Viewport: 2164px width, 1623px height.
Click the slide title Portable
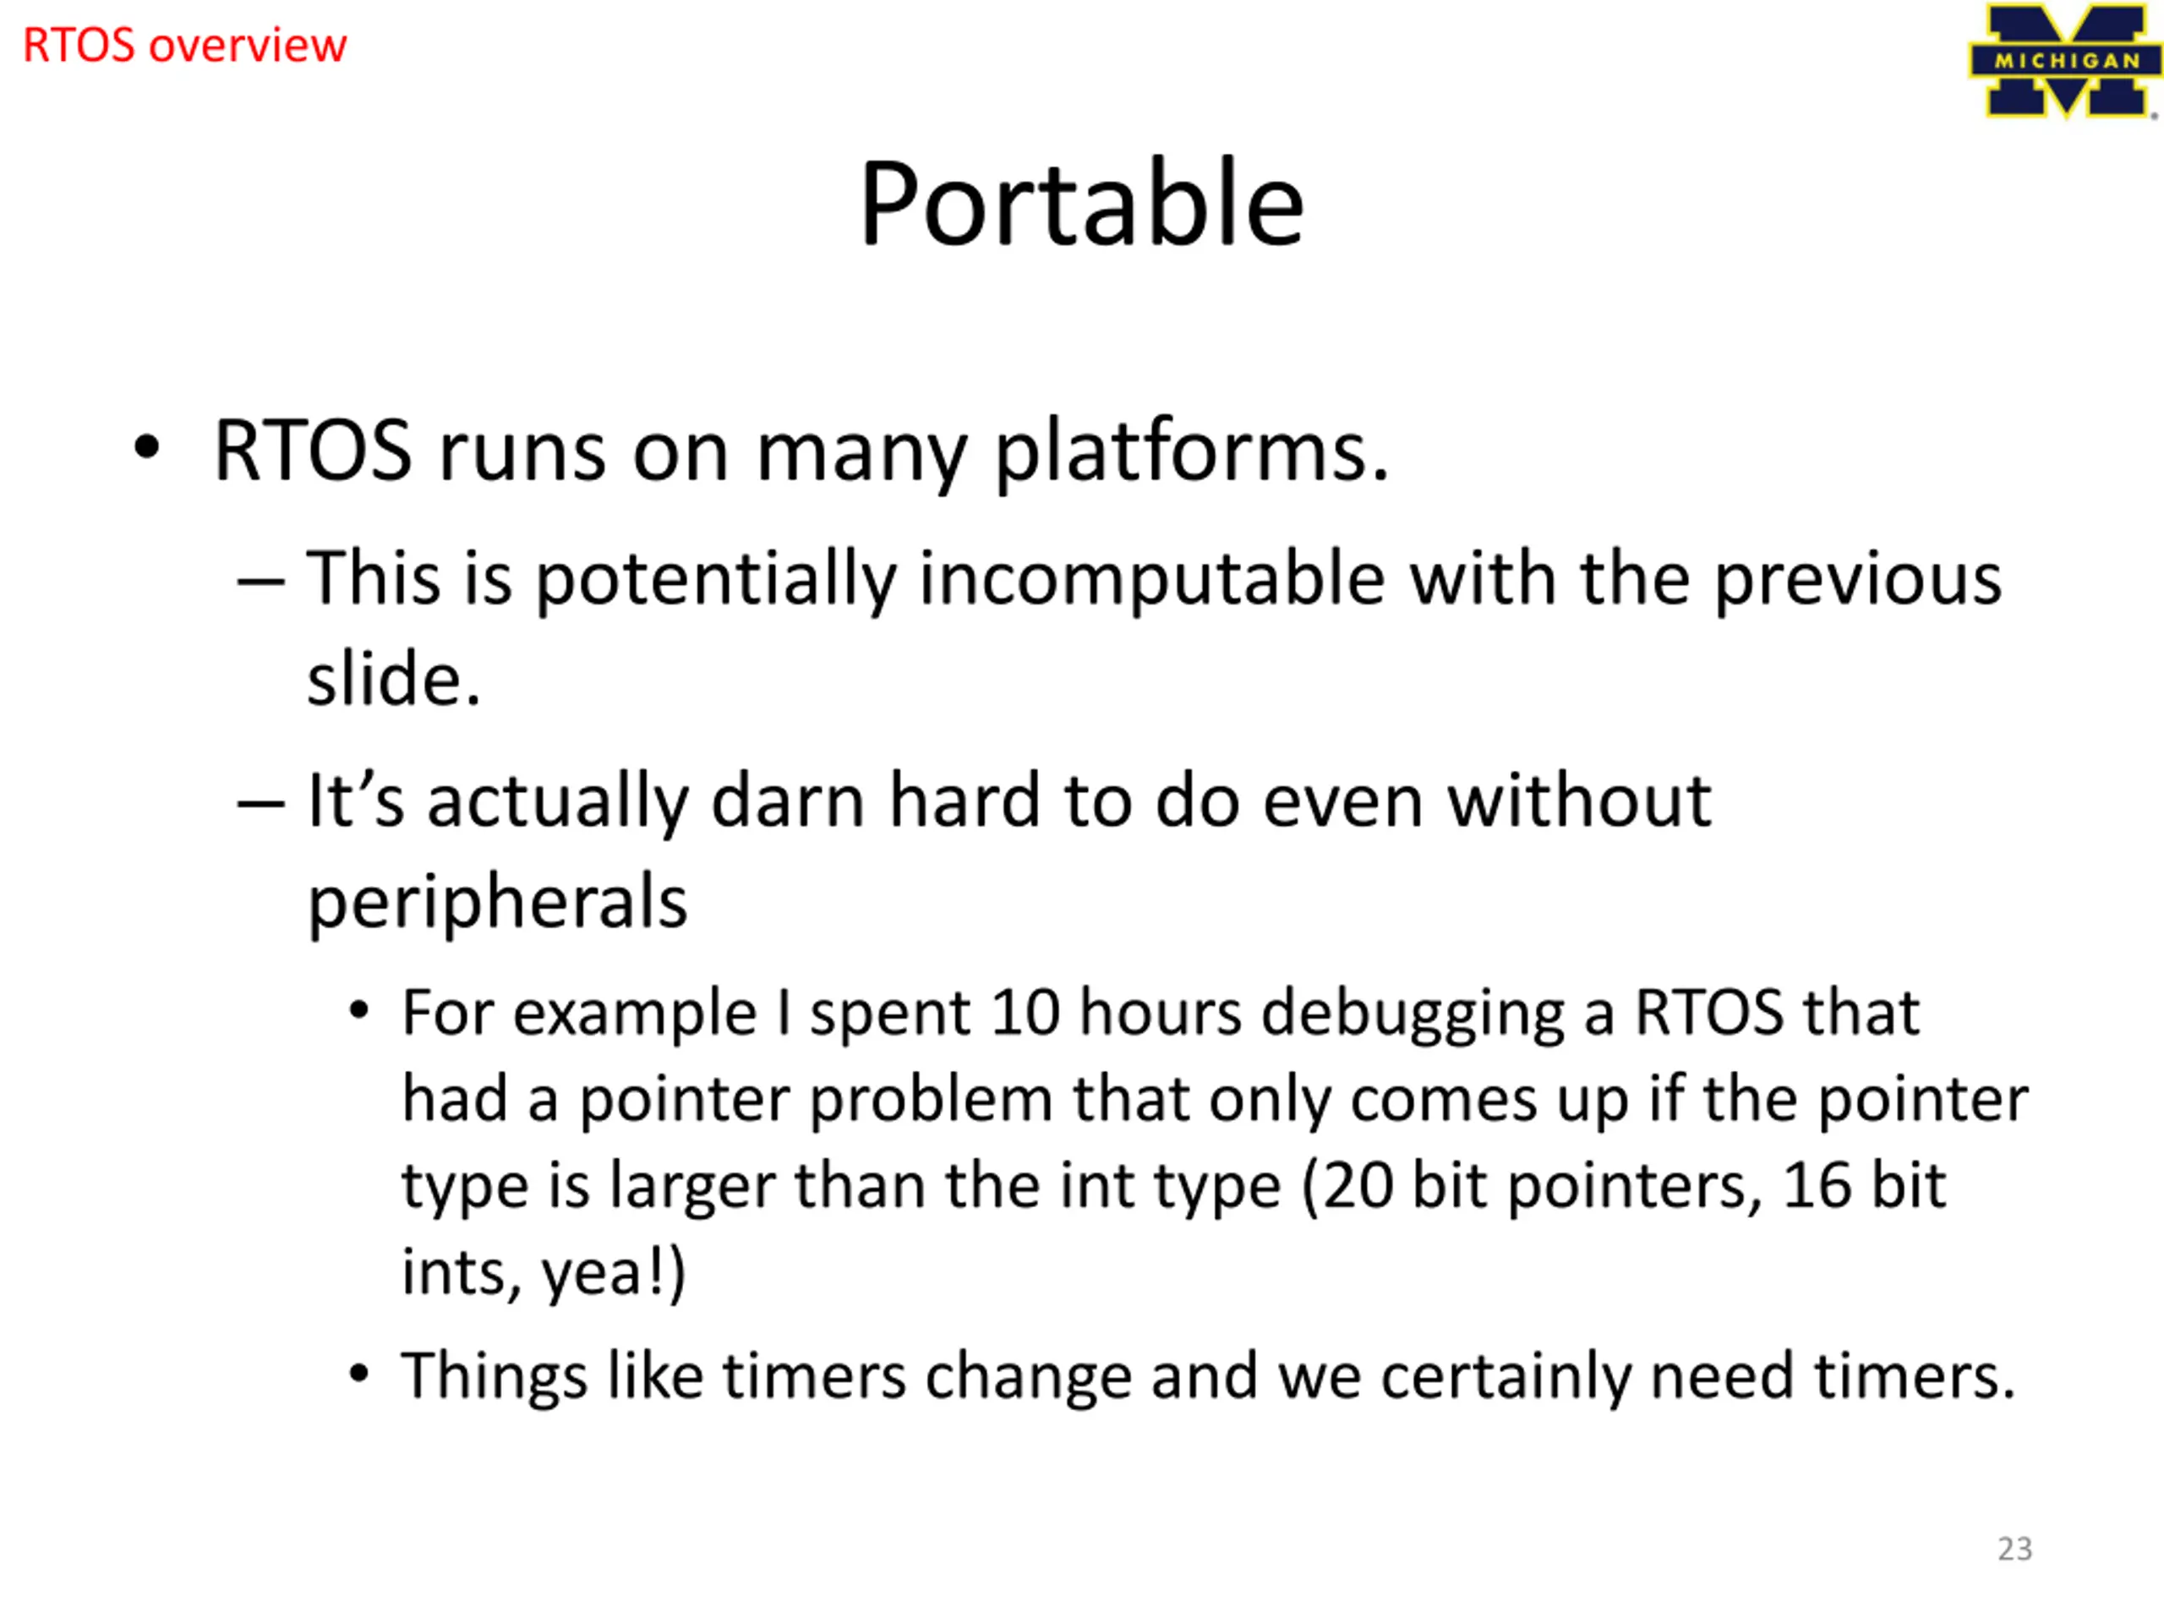click(1081, 204)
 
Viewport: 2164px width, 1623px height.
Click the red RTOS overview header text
click(185, 46)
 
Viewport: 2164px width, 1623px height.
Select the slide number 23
click(2014, 1549)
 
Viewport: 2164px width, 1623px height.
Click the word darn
click(788, 801)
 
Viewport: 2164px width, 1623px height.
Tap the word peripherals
click(498, 902)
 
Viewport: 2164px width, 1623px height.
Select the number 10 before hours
click(1025, 1013)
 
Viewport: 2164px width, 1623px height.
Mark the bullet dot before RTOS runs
click(147, 448)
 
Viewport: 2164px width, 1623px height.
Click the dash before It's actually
click(261, 804)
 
